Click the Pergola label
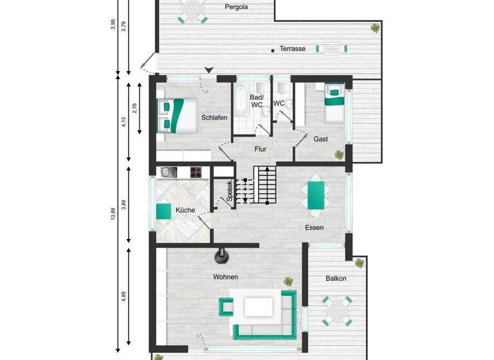click(237, 8)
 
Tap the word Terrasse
click(293, 49)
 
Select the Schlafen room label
click(213, 118)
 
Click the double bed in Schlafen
click(178, 114)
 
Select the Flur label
click(260, 150)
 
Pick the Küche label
click(185, 210)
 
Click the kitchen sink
click(168, 172)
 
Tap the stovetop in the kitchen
click(196, 172)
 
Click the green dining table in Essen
click(315, 195)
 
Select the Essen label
click(315, 228)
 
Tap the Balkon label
click(336, 278)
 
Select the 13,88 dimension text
click(113, 209)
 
